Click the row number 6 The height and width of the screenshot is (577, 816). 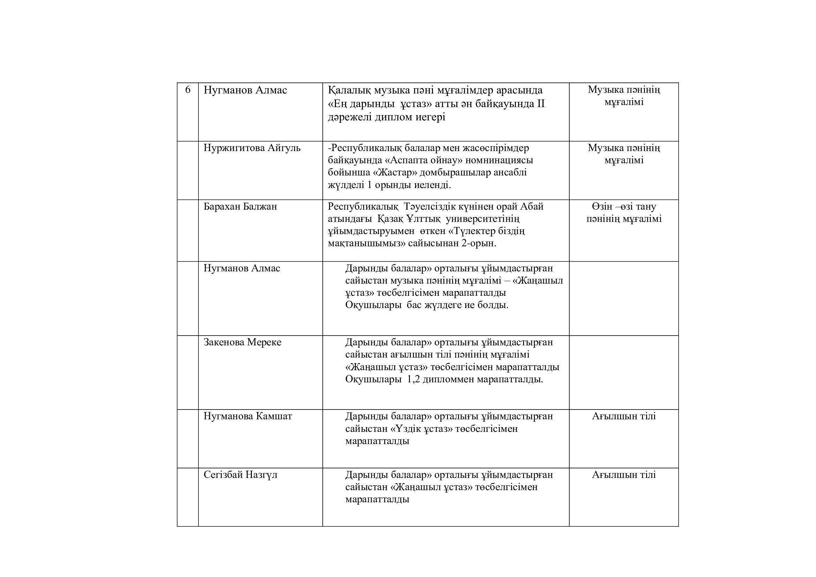coord(188,90)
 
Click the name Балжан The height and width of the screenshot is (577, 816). coord(260,207)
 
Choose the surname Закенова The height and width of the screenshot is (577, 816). coord(224,342)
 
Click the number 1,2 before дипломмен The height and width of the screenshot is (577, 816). coord(413,380)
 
